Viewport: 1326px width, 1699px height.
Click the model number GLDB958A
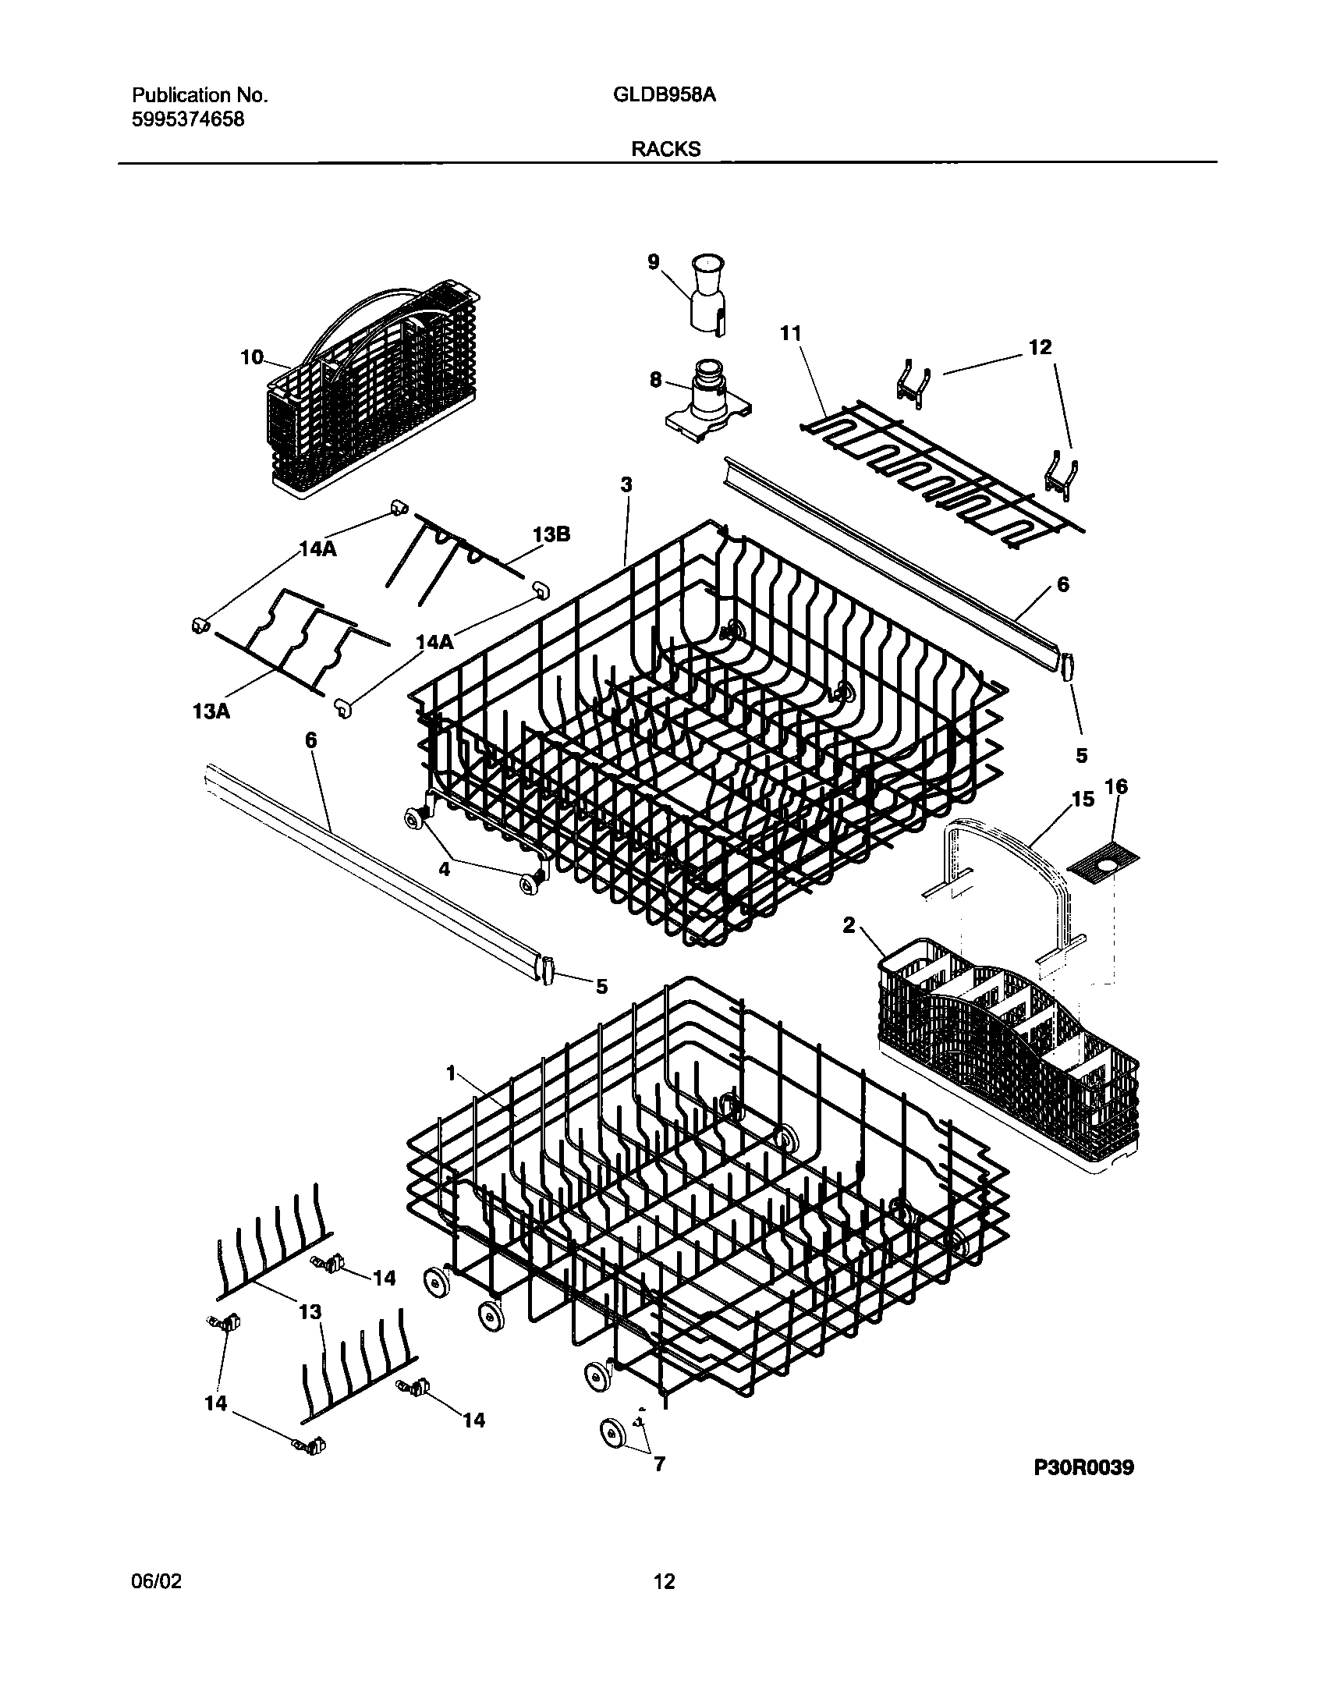click(x=665, y=95)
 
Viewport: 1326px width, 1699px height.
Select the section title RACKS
click(x=665, y=149)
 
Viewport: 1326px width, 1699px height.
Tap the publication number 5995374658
click(x=187, y=119)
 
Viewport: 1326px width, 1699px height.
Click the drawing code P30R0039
click(x=1083, y=1467)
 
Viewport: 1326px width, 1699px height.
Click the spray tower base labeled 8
click(x=708, y=398)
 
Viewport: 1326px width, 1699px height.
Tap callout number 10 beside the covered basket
click(x=252, y=357)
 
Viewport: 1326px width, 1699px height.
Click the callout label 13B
click(x=551, y=534)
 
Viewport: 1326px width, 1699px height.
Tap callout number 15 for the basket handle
click(x=1083, y=799)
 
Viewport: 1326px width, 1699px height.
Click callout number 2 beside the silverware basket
click(x=849, y=925)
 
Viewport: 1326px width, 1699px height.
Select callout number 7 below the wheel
click(x=659, y=1464)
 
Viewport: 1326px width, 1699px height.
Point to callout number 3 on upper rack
click(x=626, y=484)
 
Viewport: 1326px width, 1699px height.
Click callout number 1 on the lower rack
click(x=450, y=1073)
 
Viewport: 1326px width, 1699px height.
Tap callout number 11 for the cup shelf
click(x=791, y=333)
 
